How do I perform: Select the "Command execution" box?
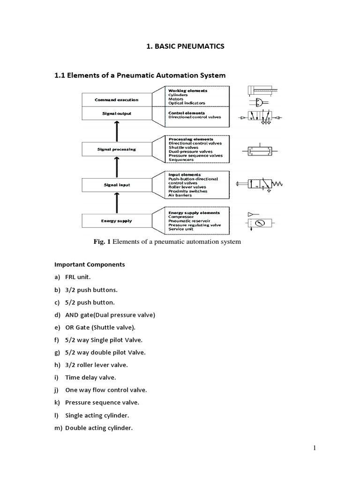pos(116,99)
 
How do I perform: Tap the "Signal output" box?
pos(116,113)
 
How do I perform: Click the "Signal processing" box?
pos(116,150)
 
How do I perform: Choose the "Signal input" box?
pos(116,185)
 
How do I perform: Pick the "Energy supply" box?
pos(116,221)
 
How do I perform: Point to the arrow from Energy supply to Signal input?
pos(116,203)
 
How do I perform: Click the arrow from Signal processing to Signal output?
pos(116,131)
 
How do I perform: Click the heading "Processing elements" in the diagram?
pos(190,139)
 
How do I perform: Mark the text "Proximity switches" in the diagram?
pos(187,191)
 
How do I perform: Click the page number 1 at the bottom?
pos(315,448)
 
